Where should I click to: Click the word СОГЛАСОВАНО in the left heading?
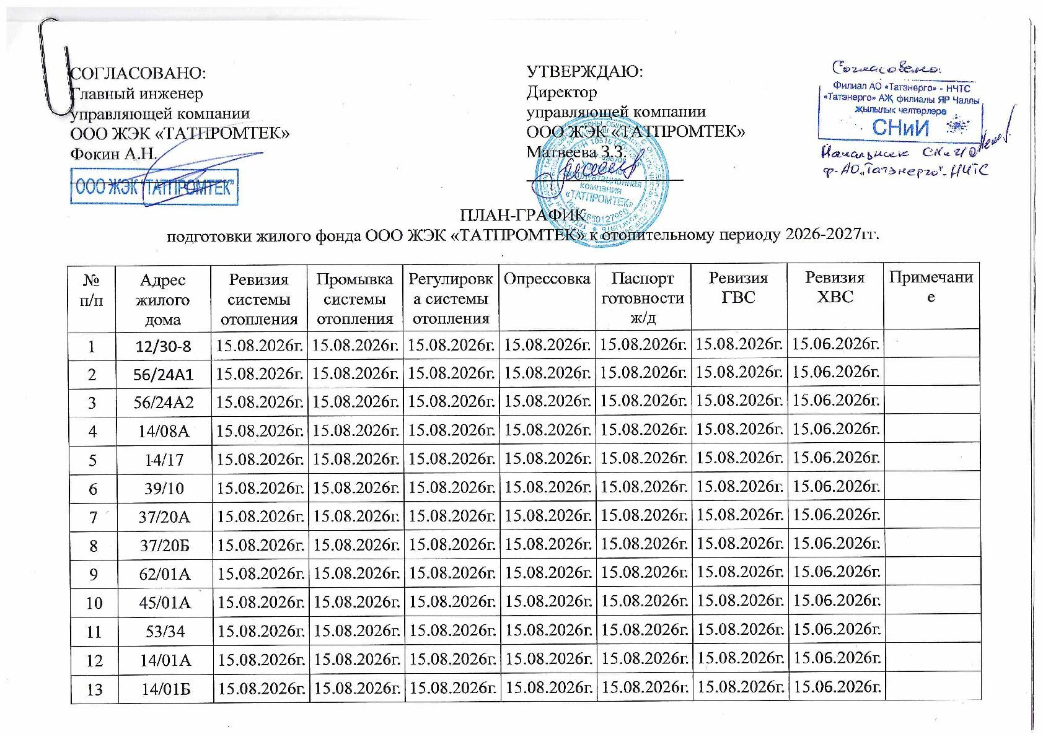(138, 72)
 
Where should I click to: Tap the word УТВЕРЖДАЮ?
(584, 71)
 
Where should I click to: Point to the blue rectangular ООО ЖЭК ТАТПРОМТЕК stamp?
(154, 186)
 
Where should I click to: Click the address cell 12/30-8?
(164, 344)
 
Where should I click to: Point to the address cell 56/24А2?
(164, 402)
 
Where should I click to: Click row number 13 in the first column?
(94, 688)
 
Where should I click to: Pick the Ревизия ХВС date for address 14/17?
(836, 458)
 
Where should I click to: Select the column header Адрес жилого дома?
(163, 299)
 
